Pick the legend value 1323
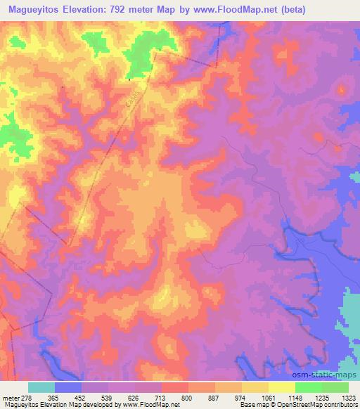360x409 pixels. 349,398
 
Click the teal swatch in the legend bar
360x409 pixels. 41,387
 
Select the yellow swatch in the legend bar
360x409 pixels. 282,387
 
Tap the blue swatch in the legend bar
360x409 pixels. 68,387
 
